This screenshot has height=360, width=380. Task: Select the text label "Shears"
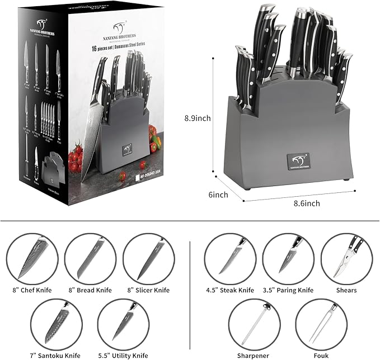click(x=346, y=291)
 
